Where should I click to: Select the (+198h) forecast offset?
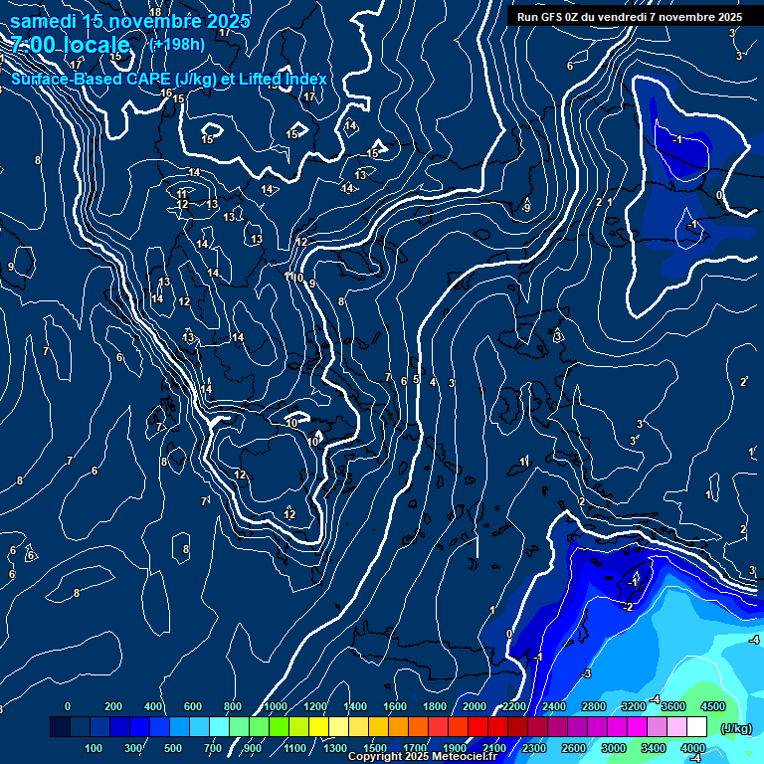coord(178,44)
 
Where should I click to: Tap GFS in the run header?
coord(547,17)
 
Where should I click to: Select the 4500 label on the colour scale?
coord(712,706)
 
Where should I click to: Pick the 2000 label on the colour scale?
coord(475,706)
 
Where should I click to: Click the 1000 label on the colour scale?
coord(276,706)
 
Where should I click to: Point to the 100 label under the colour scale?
coord(94,748)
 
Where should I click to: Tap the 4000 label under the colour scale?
coord(693,748)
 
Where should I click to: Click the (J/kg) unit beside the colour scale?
coord(735,728)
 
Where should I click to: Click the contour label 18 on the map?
coord(154,12)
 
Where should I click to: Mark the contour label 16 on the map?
coord(166,93)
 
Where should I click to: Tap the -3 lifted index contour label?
coord(586,674)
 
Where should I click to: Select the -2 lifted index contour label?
coord(628,607)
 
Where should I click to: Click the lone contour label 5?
coord(416,379)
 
